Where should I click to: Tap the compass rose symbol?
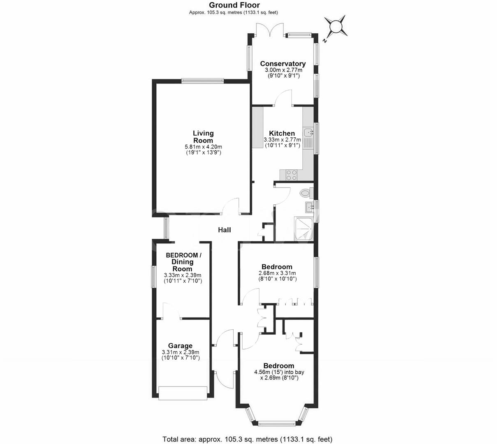pos(336,27)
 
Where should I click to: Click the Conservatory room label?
pos(283,64)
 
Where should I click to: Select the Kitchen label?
pos(282,133)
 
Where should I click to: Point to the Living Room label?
pos(203,136)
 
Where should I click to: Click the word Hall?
pos(225,230)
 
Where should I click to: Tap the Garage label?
pos(180,346)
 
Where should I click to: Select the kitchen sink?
pos(308,133)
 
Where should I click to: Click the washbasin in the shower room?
pos(310,206)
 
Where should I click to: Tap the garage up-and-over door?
pos(183,393)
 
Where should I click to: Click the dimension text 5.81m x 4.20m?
pos(204,147)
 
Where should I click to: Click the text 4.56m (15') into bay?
pos(279,372)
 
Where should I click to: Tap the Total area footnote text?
pos(248,439)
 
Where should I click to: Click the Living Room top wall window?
pos(202,81)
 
